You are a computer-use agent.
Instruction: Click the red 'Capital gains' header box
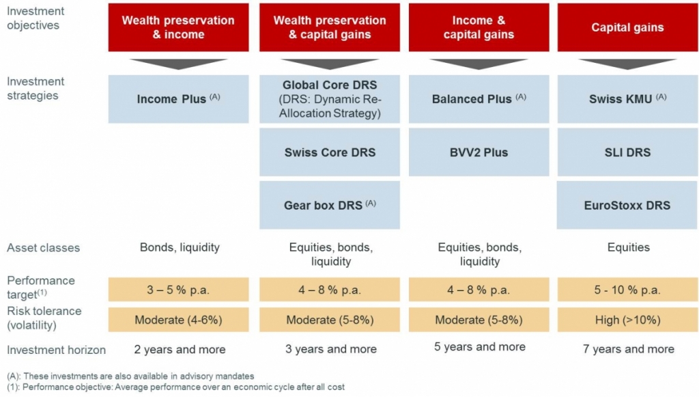(x=627, y=27)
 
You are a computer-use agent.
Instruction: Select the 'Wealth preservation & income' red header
(x=178, y=27)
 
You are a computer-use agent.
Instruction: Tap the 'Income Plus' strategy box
(x=178, y=99)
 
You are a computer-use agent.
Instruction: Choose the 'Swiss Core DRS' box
(x=330, y=152)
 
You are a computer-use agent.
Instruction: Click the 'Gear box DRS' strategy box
(x=330, y=205)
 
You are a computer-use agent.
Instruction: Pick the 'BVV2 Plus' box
(x=479, y=152)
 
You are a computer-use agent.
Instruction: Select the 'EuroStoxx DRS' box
(x=627, y=205)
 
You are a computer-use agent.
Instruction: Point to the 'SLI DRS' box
(x=627, y=152)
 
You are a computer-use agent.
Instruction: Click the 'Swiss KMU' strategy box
(x=627, y=99)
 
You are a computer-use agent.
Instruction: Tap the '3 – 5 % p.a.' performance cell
(x=178, y=290)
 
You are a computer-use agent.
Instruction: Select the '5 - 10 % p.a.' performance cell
(x=627, y=290)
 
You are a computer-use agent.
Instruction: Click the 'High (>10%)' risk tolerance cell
(x=627, y=320)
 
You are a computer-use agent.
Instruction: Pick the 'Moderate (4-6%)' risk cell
(x=178, y=320)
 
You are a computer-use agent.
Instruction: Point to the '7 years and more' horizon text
(x=629, y=349)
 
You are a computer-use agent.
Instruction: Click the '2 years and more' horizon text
(x=180, y=349)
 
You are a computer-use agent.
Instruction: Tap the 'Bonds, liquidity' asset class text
(x=180, y=247)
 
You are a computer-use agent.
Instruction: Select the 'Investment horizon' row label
(x=56, y=350)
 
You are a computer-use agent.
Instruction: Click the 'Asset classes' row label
(x=43, y=248)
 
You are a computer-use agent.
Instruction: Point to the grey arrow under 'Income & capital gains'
(x=479, y=64)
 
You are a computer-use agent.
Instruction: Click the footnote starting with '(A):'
(x=130, y=376)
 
